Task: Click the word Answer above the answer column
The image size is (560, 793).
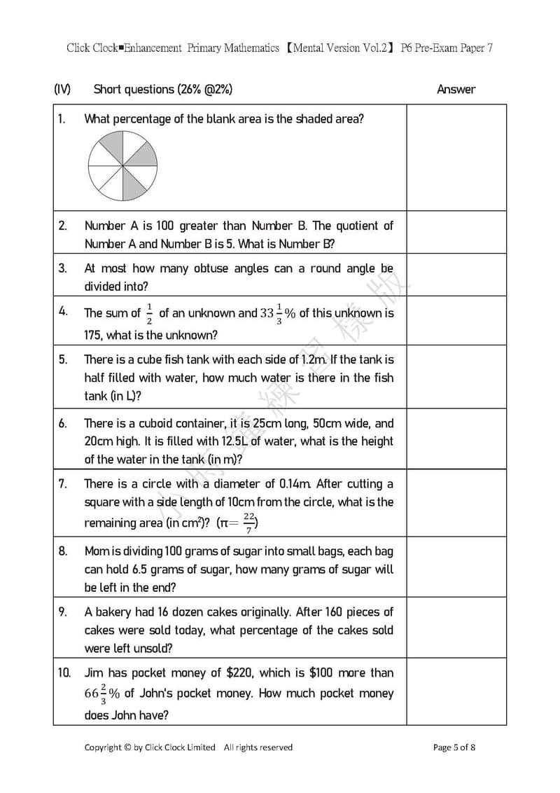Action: [x=456, y=89]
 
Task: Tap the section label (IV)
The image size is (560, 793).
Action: [x=62, y=89]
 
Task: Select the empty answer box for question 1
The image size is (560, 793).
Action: [x=456, y=158]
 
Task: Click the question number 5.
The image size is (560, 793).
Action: [x=63, y=359]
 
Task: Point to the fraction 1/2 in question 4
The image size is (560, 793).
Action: [x=149, y=313]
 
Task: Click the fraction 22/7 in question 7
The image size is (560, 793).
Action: [x=249, y=522]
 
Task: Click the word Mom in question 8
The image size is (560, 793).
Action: [x=97, y=551]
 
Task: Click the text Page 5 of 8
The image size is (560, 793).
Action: [x=454, y=747]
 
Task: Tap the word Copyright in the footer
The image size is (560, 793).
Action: [x=103, y=747]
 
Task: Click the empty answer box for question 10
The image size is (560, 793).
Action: [x=456, y=691]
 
